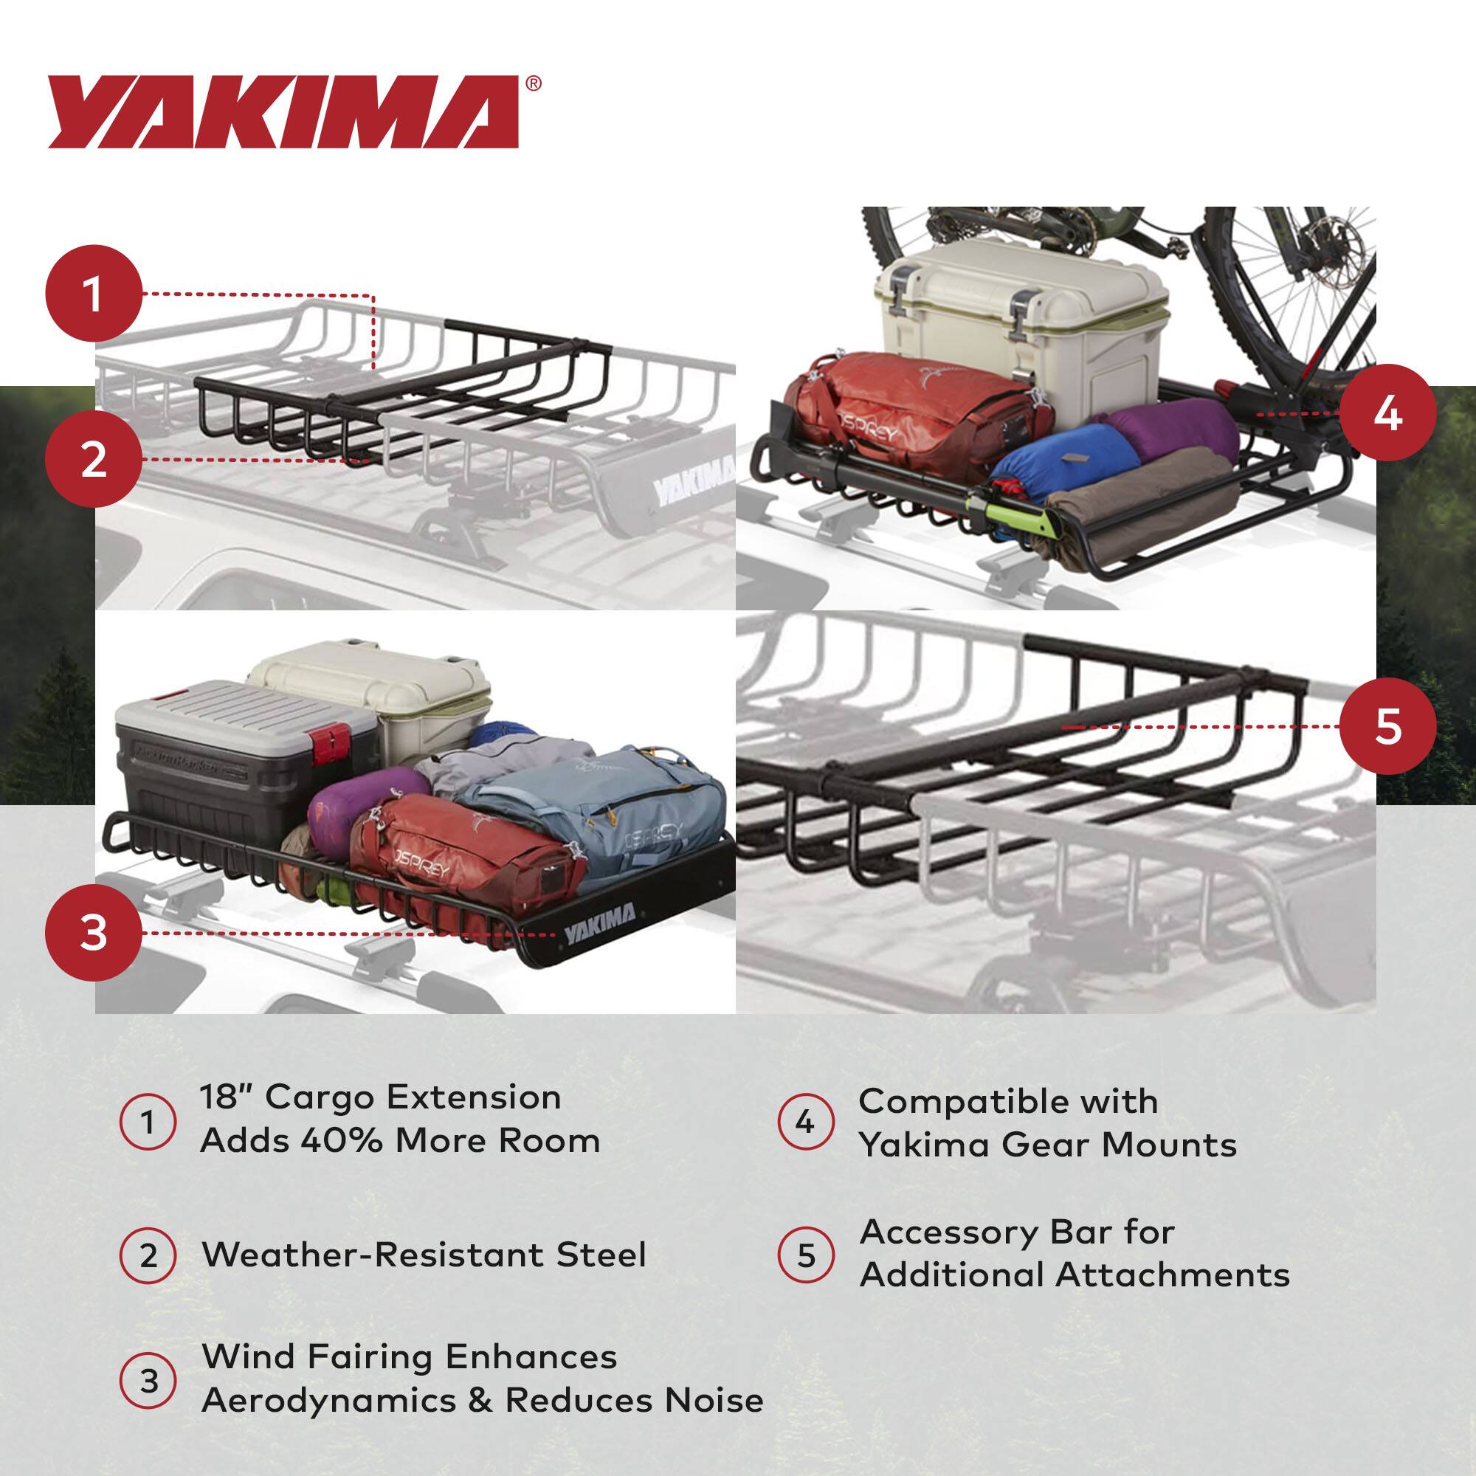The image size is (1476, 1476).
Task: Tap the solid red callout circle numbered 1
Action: point(94,294)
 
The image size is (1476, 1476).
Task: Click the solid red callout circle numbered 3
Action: point(94,933)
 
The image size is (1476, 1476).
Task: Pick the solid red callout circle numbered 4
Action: point(1387,413)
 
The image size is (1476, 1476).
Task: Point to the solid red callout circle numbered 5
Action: point(1387,725)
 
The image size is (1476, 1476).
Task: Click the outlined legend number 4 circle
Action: point(805,1123)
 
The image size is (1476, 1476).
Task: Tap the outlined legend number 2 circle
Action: point(148,1256)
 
